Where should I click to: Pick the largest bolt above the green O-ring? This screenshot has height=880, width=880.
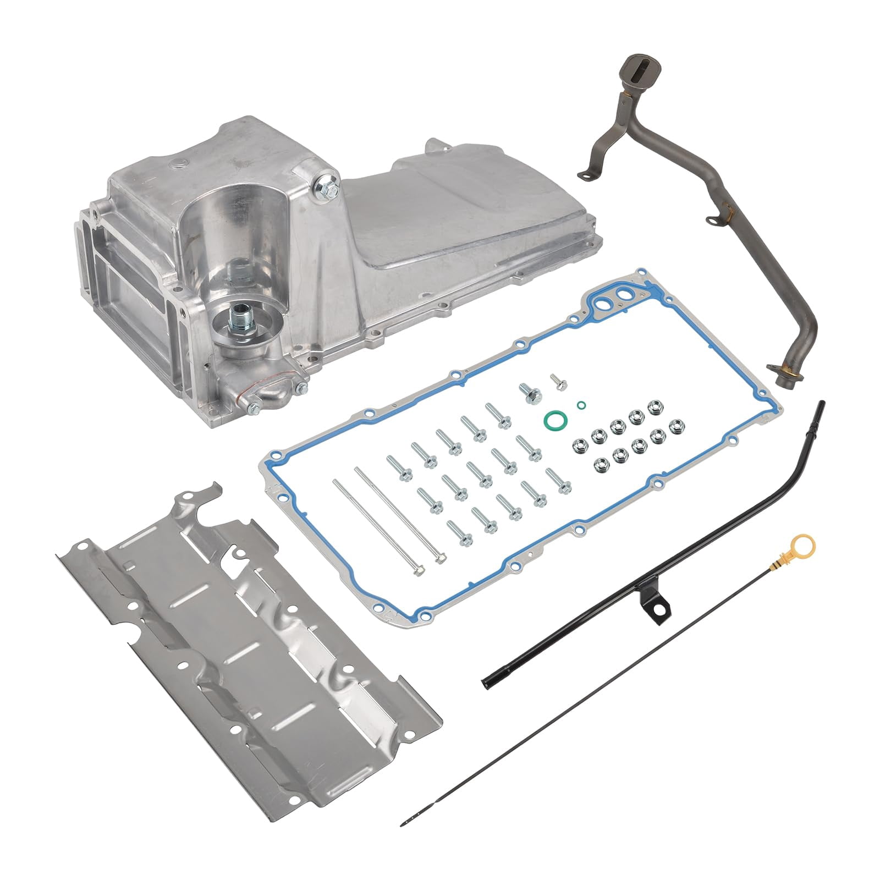pos(530,393)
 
